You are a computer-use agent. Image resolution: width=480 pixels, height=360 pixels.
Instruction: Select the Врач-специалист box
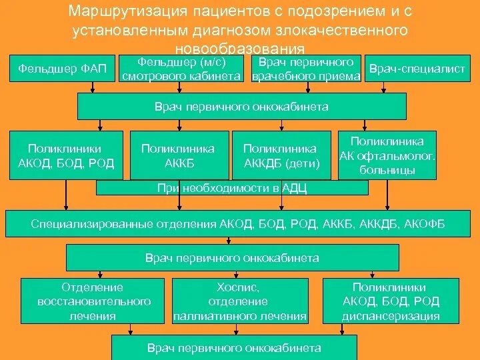click(x=417, y=69)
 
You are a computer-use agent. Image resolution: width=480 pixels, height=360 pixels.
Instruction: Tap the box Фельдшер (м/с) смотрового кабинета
click(x=181, y=69)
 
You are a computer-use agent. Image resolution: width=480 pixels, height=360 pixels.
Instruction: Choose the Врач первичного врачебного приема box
click(x=307, y=69)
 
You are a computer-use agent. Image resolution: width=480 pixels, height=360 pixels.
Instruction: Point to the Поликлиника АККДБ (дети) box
click(x=281, y=155)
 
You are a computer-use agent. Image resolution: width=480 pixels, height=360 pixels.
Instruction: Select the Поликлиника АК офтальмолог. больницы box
click(x=387, y=155)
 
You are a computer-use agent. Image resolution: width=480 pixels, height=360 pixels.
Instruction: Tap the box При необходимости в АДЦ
click(x=232, y=188)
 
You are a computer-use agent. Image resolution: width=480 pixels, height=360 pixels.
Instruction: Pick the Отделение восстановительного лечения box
click(x=92, y=301)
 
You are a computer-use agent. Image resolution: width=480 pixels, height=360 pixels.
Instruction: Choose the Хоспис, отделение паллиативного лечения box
click(x=240, y=301)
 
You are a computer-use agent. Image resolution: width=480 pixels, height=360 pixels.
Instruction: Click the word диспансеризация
click(x=391, y=317)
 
